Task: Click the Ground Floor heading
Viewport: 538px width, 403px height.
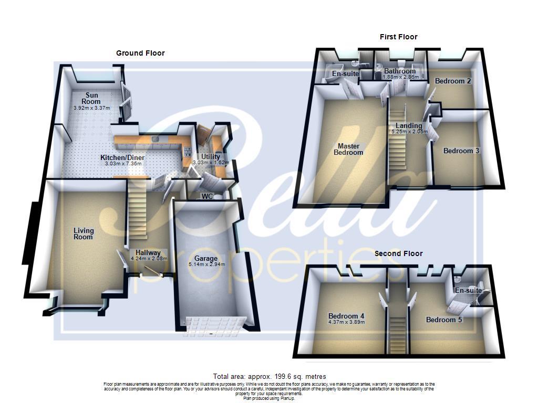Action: pyautogui.click(x=140, y=53)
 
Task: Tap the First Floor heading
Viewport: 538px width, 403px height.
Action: pyautogui.click(x=398, y=37)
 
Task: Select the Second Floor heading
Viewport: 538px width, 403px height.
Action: pyautogui.click(x=398, y=253)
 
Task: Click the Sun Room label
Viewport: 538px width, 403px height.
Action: pyautogui.click(x=88, y=98)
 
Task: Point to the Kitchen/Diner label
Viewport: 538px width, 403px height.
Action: pyautogui.click(x=122, y=157)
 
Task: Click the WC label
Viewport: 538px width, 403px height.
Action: pyautogui.click(x=207, y=196)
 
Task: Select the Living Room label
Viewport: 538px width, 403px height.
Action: pyautogui.click(x=83, y=234)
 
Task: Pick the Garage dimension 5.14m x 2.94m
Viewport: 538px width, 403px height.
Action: pyautogui.click(x=206, y=264)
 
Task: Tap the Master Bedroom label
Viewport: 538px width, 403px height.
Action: pyautogui.click(x=348, y=149)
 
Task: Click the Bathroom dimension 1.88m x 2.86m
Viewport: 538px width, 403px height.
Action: pyautogui.click(x=400, y=77)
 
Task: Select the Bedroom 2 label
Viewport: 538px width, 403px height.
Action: pyautogui.click(x=453, y=81)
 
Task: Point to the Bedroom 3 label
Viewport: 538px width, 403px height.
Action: pyautogui.click(x=461, y=151)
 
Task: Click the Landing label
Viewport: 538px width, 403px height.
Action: pyautogui.click(x=409, y=125)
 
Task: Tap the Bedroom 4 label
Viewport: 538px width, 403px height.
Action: pyautogui.click(x=346, y=316)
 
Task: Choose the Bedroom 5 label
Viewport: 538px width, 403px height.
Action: pyautogui.click(x=444, y=320)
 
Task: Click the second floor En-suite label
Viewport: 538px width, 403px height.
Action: pyautogui.click(x=468, y=290)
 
